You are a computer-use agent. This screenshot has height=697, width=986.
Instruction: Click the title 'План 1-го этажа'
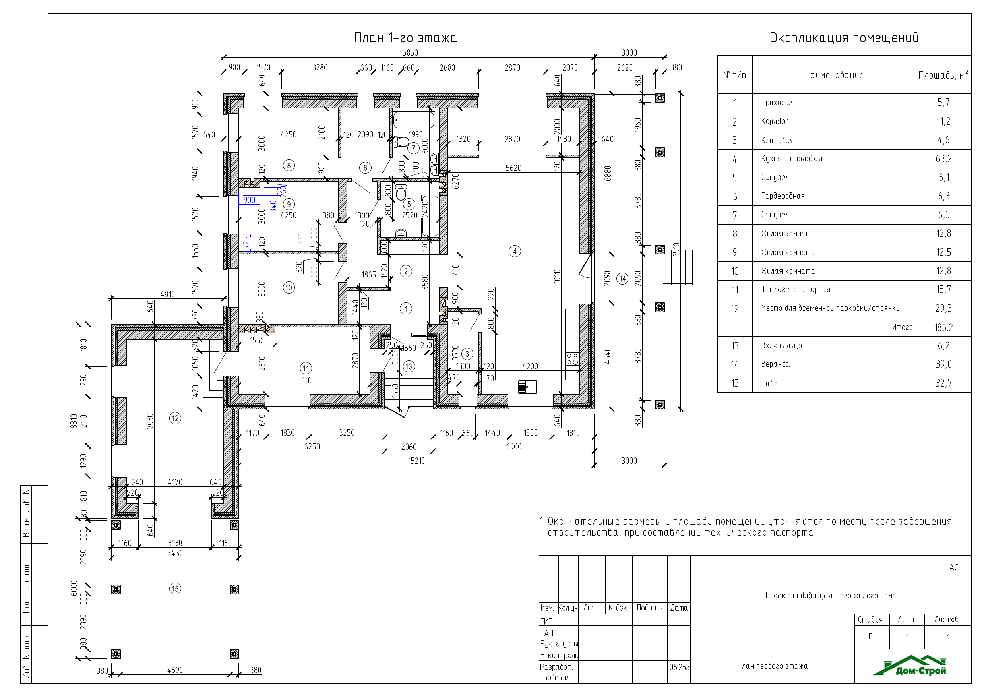pyautogui.click(x=405, y=38)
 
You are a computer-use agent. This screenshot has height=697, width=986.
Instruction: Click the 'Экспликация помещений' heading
pyautogui.click(x=844, y=38)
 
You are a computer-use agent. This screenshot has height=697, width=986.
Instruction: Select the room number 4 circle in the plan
pyautogui.click(x=515, y=251)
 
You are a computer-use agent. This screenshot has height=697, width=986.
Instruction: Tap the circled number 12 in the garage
pyautogui.click(x=175, y=418)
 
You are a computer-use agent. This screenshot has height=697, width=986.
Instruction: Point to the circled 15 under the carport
pyautogui.click(x=175, y=589)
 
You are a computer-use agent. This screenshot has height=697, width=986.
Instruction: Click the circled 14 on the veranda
pyautogui.click(x=622, y=279)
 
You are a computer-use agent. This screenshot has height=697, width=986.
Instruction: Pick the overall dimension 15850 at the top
pyautogui.click(x=409, y=53)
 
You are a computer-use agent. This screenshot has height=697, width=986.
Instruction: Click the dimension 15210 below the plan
pyautogui.click(x=416, y=461)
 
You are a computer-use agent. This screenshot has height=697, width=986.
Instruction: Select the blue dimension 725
pyautogui.click(x=246, y=242)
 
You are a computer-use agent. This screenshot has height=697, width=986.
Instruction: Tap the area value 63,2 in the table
pyautogui.click(x=943, y=159)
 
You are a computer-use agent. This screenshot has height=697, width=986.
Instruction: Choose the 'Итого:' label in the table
pyautogui.click(x=903, y=327)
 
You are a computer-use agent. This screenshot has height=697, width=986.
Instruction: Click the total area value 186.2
pyautogui.click(x=943, y=328)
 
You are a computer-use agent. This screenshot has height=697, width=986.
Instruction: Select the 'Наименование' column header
pyautogui.click(x=834, y=75)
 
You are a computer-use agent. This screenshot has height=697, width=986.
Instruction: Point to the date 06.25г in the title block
pyautogui.click(x=679, y=667)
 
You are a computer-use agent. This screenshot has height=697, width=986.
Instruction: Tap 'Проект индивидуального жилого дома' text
pyautogui.click(x=831, y=596)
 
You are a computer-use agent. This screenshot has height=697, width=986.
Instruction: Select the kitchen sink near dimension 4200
pyautogui.click(x=527, y=387)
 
